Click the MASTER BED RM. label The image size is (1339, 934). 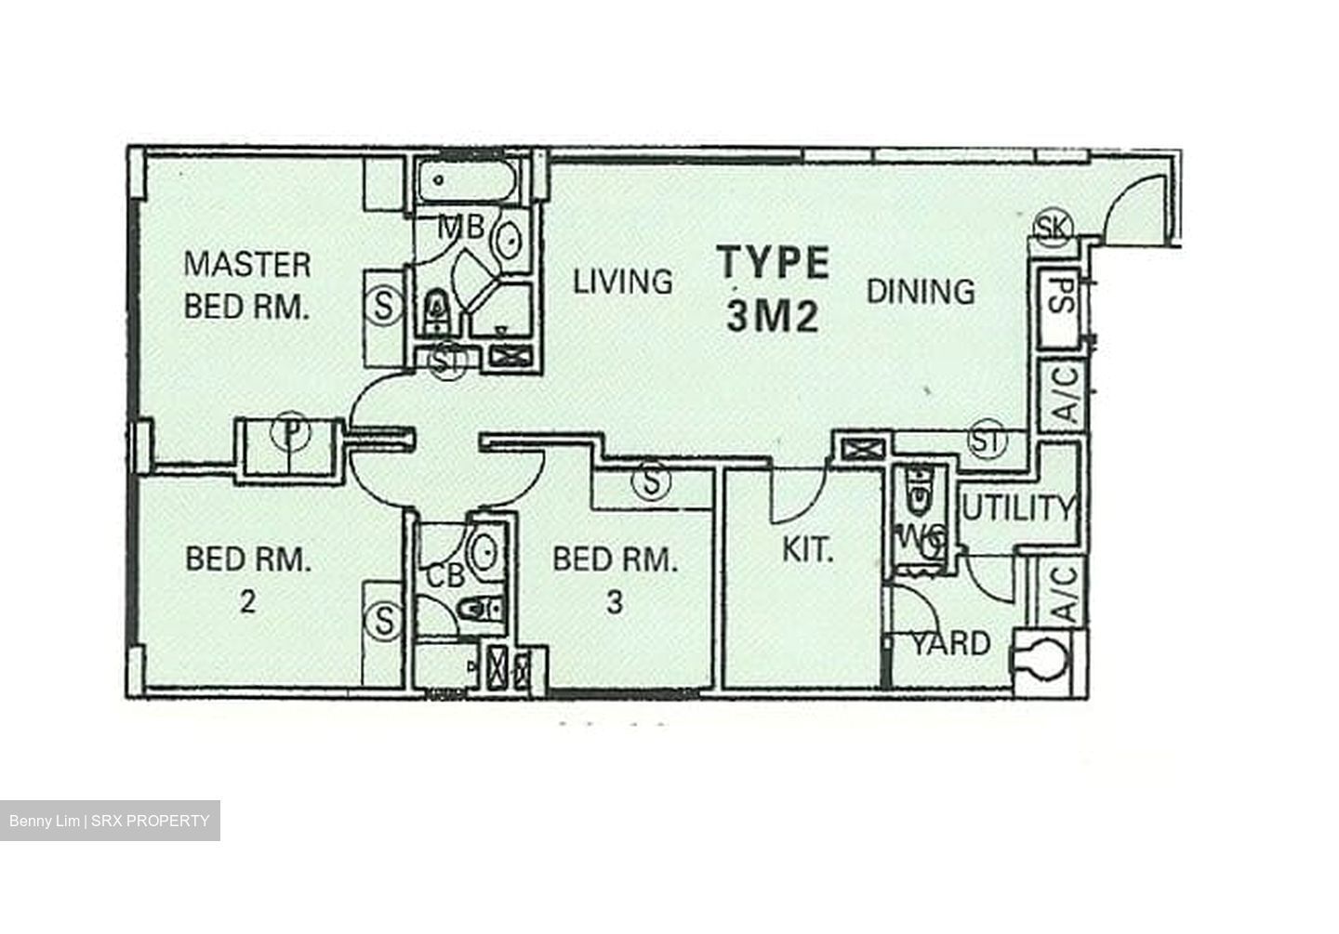tap(247, 284)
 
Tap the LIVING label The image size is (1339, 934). tap(622, 281)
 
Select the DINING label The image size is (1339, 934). tap(921, 291)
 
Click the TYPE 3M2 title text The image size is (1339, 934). tap(773, 289)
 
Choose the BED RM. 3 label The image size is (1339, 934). tap(614, 580)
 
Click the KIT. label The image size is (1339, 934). tap(806, 550)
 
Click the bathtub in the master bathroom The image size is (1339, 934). tap(466, 181)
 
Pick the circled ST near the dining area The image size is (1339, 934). tap(987, 439)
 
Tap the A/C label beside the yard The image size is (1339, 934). tap(1065, 594)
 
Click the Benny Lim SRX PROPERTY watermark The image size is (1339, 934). tap(110, 822)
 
